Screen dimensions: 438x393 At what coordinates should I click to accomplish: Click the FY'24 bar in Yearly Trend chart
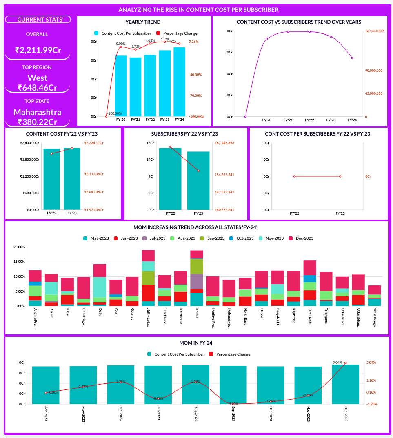[179, 82]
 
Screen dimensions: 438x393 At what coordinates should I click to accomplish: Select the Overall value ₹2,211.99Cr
[38, 50]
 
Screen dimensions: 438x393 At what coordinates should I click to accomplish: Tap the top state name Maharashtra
[38, 112]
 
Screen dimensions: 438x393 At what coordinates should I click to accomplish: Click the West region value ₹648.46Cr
[38, 87]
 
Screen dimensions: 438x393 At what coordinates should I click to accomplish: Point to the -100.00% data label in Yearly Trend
[114, 113]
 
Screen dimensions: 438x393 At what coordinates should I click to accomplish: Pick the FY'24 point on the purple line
[352, 58]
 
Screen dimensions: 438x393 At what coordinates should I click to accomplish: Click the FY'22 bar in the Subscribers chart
[170, 178]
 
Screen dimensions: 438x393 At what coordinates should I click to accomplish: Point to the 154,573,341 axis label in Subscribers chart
[224, 175]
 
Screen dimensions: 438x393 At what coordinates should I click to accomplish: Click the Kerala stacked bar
[197, 278]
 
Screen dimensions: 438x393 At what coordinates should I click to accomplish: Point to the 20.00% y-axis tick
[19, 247]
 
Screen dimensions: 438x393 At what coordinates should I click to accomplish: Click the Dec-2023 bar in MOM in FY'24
[346, 384]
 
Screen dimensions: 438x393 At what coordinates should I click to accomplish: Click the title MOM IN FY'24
[196, 343]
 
